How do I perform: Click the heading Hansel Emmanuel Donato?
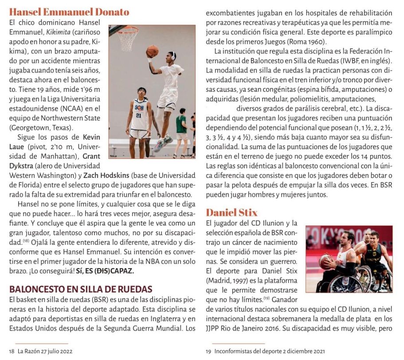(x=69, y=12)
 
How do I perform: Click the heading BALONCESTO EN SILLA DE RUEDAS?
(x=81, y=289)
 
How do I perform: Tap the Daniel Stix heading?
(x=231, y=213)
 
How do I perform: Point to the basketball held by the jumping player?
(x=152, y=51)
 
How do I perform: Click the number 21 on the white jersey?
(x=138, y=115)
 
